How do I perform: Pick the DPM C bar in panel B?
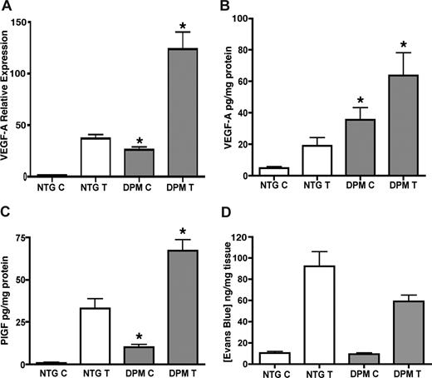point(350,147)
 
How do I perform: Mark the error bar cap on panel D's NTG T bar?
point(312,251)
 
